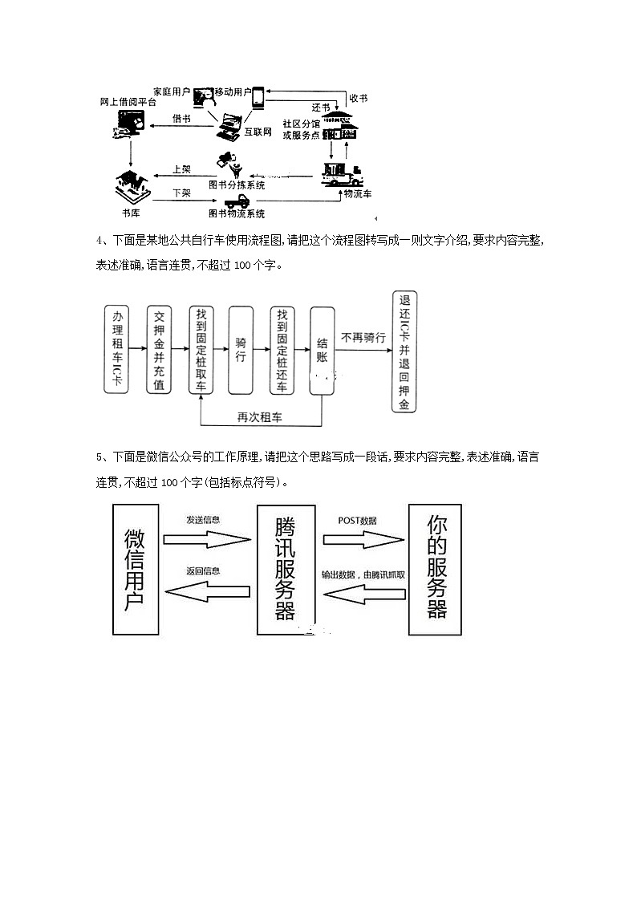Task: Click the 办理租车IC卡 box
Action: [x=119, y=349]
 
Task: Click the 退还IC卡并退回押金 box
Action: [x=404, y=351]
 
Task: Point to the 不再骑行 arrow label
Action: [x=363, y=338]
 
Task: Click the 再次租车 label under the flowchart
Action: [x=258, y=417]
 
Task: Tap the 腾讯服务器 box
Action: [x=285, y=569]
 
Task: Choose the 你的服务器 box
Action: [x=436, y=569]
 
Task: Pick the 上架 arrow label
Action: [x=182, y=169]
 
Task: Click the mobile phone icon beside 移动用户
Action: [x=258, y=99]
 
